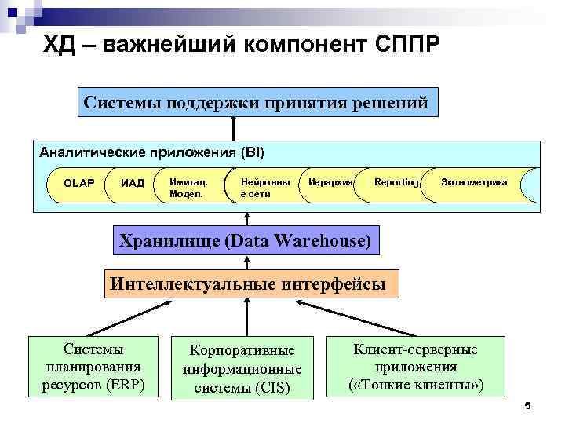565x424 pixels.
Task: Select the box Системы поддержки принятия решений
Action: coord(256,102)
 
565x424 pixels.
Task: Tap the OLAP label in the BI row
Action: coord(78,183)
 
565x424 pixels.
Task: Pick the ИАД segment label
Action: coord(133,183)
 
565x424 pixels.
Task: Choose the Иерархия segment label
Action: coord(329,182)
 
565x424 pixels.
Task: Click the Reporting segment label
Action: coord(395,182)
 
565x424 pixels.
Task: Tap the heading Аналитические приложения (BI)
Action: coord(152,151)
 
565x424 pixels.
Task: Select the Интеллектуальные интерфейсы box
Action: coord(249,283)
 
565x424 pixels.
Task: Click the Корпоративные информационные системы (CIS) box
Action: coord(242,368)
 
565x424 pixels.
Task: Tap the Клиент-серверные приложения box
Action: coord(416,367)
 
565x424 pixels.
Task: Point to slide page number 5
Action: coord(527,406)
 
